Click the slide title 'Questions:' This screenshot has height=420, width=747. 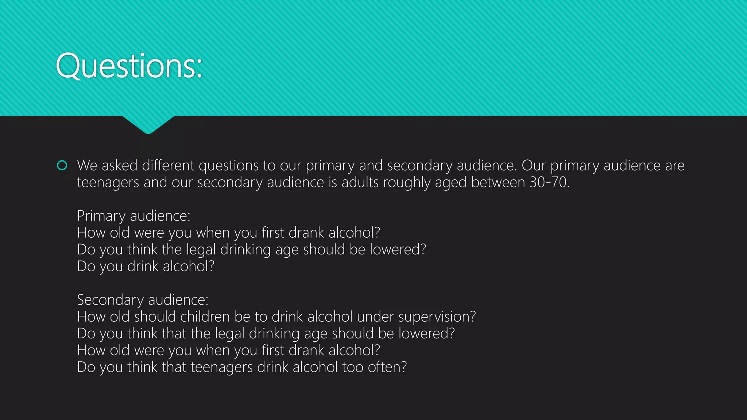click(129, 66)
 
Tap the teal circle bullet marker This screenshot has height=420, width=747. click(62, 166)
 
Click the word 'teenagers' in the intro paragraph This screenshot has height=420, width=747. click(108, 182)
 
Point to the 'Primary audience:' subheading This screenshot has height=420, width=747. click(133, 216)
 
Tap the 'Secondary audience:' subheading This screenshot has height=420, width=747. click(143, 300)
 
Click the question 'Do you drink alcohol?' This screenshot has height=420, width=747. click(146, 266)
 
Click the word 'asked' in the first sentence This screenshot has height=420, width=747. click(119, 166)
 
